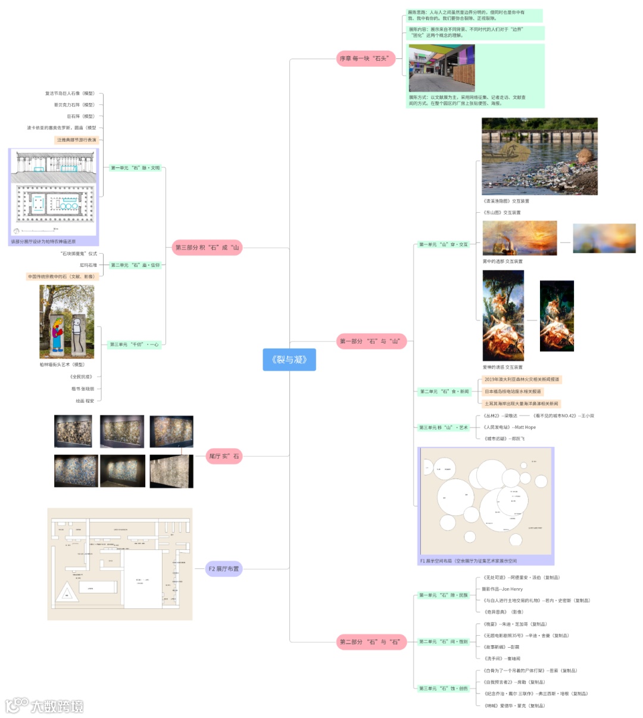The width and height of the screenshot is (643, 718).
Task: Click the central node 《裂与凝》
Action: [289, 359]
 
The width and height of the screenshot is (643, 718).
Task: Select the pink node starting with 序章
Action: [366, 58]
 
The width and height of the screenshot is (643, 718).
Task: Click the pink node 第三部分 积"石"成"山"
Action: [207, 247]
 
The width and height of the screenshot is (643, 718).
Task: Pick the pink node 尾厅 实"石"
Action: [224, 456]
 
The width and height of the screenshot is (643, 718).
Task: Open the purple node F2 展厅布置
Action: [224, 569]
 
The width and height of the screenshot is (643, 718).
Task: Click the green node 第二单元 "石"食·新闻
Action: [444, 391]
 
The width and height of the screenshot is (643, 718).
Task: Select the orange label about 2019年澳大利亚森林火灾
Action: [522, 380]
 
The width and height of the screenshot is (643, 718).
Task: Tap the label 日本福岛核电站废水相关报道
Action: [513, 391]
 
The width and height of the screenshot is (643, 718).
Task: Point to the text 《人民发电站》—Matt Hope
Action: [510, 427]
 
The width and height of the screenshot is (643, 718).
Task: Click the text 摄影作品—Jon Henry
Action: [502, 589]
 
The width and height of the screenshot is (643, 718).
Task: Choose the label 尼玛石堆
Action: [88, 265]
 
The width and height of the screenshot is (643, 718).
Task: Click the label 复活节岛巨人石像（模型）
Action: [70, 94]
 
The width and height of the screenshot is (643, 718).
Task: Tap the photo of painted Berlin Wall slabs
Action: [67, 322]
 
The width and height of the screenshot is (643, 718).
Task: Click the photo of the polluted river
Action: [539, 156]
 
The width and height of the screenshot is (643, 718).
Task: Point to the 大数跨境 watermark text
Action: [57, 707]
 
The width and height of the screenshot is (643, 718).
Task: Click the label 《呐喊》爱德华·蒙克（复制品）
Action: [514, 705]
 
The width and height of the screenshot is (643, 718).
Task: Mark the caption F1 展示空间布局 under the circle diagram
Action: [469, 561]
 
